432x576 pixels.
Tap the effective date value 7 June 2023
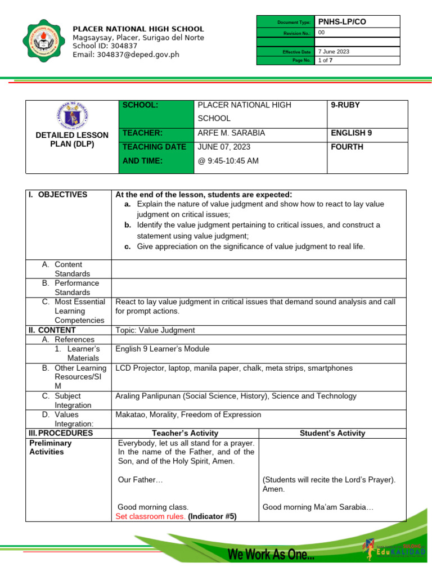[334, 51]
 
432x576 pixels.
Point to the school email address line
[126, 55]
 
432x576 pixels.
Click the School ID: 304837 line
[105, 46]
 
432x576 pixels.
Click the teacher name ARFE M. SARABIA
[231, 133]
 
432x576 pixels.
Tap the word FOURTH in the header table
[348, 147]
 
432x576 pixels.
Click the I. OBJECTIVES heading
[58, 195]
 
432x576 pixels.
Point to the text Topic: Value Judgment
[155, 330]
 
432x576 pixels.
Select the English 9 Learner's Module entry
[162, 349]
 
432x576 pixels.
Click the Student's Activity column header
[332, 433]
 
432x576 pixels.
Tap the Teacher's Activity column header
[185, 433]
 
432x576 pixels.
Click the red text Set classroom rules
[150, 516]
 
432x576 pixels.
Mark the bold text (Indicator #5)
[212, 516]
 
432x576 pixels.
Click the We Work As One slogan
[271, 555]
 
